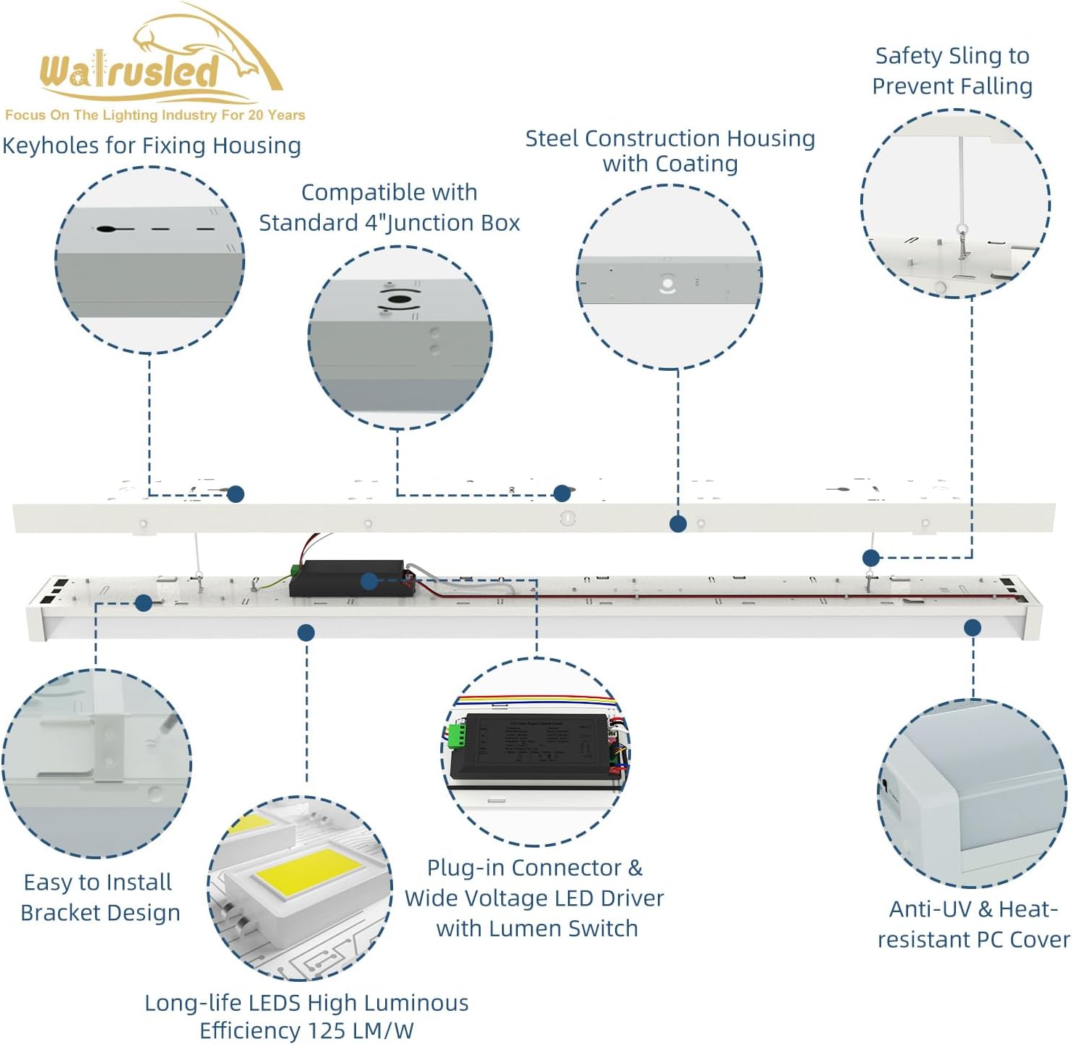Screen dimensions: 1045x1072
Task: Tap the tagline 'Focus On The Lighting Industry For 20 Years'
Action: click(x=154, y=115)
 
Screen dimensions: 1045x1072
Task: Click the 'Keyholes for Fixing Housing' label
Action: click(x=152, y=145)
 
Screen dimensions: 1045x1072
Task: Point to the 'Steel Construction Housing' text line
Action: click(x=669, y=138)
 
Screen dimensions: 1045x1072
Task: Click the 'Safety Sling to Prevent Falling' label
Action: click(x=952, y=71)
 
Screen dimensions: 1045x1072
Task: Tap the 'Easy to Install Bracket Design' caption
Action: click(x=99, y=897)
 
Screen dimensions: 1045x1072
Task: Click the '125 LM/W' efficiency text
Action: click(x=360, y=1030)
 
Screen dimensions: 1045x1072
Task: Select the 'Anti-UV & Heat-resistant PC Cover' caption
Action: click(x=973, y=924)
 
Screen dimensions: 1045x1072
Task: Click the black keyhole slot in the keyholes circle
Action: click(x=107, y=229)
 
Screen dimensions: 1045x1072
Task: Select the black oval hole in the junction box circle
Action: click(x=396, y=299)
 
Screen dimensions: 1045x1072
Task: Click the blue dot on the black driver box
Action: click(x=368, y=581)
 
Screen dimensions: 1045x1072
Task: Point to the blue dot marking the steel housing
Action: click(x=678, y=524)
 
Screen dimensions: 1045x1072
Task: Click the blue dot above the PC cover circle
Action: click(x=973, y=628)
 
